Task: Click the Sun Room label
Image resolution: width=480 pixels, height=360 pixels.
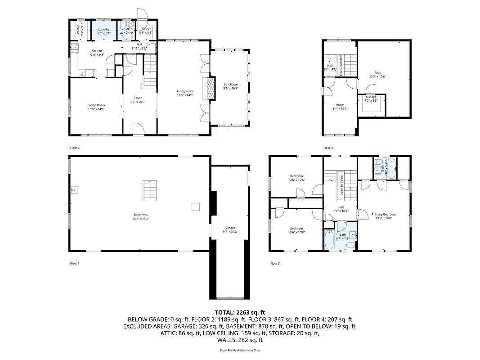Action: pyautogui.click(x=231, y=85)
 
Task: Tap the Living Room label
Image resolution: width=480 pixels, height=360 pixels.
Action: pyautogui.click(x=185, y=91)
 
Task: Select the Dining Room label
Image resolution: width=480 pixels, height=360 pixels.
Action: pyautogui.click(x=96, y=105)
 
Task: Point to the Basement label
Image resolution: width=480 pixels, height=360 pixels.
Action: pyautogui.click(x=140, y=215)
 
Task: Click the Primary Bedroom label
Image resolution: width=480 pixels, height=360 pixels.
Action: pyautogui.click(x=384, y=214)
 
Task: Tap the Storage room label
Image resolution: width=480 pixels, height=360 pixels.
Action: pyautogui.click(x=371, y=97)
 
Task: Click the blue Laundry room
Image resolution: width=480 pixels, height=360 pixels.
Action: pyautogui.click(x=104, y=31)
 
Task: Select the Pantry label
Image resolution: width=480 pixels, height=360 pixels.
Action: pyautogui.click(x=78, y=30)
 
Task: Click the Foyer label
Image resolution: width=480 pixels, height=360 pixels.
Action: pyautogui.click(x=138, y=98)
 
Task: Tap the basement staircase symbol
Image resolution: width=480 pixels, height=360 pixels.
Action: pyautogui.click(x=150, y=191)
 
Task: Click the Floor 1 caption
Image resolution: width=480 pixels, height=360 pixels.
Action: pyautogui.click(x=75, y=263)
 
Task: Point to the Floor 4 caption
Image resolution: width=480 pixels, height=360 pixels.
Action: pyautogui.click(x=328, y=148)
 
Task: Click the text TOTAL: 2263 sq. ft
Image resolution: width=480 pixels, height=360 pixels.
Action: pyautogui.click(x=240, y=312)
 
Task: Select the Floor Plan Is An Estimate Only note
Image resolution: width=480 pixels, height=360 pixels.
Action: pyautogui.click(x=240, y=350)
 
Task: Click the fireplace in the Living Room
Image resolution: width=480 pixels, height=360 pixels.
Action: pyautogui.click(x=208, y=88)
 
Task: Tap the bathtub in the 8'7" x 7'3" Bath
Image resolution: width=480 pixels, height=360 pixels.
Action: pyautogui.click(x=329, y=240)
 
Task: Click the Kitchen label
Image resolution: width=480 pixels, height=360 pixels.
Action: pyautogui.click(x=97, y=51)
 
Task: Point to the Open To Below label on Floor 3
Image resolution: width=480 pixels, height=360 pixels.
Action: pyautogui.click(x=341, y=186)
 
